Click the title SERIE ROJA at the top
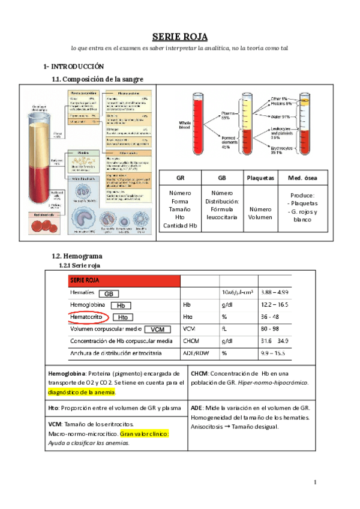point(179,37)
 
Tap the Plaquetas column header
point(260,178)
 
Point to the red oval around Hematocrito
point(89,316)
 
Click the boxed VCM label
point(158,330)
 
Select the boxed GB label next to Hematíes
point(109,294)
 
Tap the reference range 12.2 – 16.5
point(275,304)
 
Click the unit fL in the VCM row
point(224,329)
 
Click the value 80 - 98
point(269,329)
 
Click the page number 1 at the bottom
point(316,483)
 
